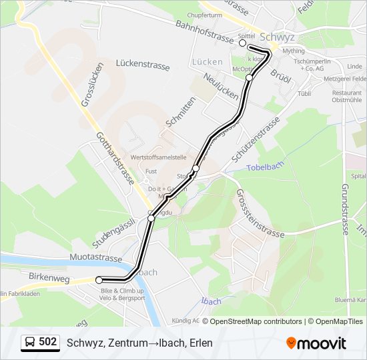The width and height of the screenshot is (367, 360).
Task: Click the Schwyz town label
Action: pyautogui.click(x=277, y=37)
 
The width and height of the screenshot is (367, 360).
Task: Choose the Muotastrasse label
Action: pyautogui.click(x=96, y=258)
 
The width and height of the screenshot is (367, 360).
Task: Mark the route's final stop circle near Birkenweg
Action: pyautogui.click(x=99, y=280)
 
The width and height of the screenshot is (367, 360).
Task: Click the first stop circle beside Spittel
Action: pyautogui.click(x=243, y=43)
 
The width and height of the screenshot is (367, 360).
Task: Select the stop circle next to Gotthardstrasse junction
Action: pyautogui.click(x=151, y=218)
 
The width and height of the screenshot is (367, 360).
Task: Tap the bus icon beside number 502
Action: pyautogui.click(x=30, y=343)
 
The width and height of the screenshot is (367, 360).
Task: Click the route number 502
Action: pyautogui.click(x=48, y=342)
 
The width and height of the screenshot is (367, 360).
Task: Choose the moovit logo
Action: pyautogui.click(x=316, y=343)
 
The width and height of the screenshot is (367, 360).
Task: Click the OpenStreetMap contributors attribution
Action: pyautogui.click(x=256, y=321)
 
